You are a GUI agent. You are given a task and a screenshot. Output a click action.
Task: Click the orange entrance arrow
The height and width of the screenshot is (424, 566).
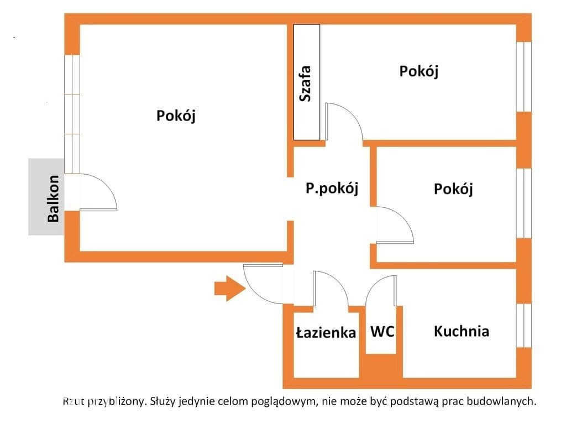point(230,288)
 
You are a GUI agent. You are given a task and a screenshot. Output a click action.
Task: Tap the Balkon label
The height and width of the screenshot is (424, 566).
point(53,198)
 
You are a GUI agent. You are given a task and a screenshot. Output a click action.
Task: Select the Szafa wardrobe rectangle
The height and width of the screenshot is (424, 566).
point(306,82)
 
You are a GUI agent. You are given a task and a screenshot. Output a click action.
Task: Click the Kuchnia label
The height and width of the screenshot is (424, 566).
point(462,331)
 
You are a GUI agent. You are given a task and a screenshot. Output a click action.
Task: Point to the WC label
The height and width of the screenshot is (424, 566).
point(382,331)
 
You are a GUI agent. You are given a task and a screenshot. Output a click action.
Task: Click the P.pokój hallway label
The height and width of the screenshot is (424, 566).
point(332,188)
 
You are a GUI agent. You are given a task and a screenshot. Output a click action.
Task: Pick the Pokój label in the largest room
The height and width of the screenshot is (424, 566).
point(176,116)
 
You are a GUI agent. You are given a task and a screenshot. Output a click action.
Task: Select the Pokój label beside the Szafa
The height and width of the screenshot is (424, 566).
point(419,71)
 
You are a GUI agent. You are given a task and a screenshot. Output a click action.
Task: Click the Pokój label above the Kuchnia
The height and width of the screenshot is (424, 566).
point(453,189)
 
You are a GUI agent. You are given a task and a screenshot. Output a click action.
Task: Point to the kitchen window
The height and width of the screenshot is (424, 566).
point(524,326)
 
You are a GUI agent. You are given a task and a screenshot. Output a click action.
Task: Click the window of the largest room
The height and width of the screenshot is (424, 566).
point(72,114)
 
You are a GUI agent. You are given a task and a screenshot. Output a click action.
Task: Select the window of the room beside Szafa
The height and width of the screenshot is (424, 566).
point(524,77)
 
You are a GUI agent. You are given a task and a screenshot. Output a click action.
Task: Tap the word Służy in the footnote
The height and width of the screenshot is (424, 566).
point(162,401)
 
